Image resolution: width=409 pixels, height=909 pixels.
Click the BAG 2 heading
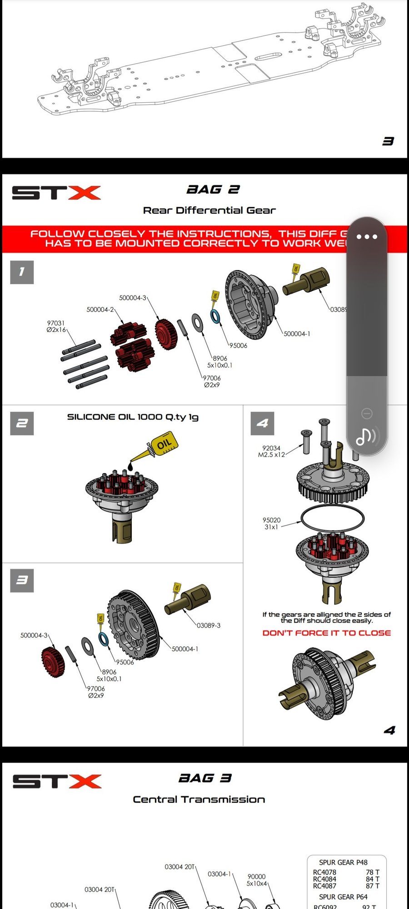pyautogui.click(x=213, y=190)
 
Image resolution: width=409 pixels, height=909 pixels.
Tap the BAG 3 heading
pyautogui.click(x=205, y=778)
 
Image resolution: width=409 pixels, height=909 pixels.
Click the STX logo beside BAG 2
pyautogui.click(x=56, y=193)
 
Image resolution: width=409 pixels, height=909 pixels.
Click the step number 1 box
pyautogui.click(x=22, y=272)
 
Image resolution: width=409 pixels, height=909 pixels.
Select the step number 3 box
pyautogui.click(x=22, y=580)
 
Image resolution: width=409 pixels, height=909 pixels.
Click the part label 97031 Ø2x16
pyautogui.click(x=56, y=326)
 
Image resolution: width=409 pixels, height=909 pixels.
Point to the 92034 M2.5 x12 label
pyautogui.click(x=271, y=451)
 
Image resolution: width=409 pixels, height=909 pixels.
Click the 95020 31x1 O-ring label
pyautogui.click(x=271, y=523)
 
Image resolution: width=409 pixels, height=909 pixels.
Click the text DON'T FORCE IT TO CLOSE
pyautogui.click(x=326, y=633)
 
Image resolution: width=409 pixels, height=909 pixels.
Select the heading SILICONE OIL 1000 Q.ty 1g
pyautogui.click(x=133, y=417)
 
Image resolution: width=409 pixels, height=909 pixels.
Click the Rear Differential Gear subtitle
pyautogui.click(x=209, y=210)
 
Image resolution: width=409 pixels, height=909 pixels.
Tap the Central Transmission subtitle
pyautogui.click(x=199, y=799)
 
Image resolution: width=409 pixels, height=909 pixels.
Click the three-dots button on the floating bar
pyautogui.click(x=367, y=236)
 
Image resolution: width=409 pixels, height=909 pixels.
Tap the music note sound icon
pyautogui.click(x=366, y=437)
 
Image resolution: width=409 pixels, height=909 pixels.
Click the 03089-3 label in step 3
pyautogui.click(x=209, y=625)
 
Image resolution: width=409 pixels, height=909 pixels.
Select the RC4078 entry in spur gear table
pyautogui.click(x=324, y=872)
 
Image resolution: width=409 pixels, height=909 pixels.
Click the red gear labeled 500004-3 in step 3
pyautogui.click(x=52, y=662)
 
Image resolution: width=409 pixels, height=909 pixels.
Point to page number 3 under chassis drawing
pyautogui.click(x=388, y=141)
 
